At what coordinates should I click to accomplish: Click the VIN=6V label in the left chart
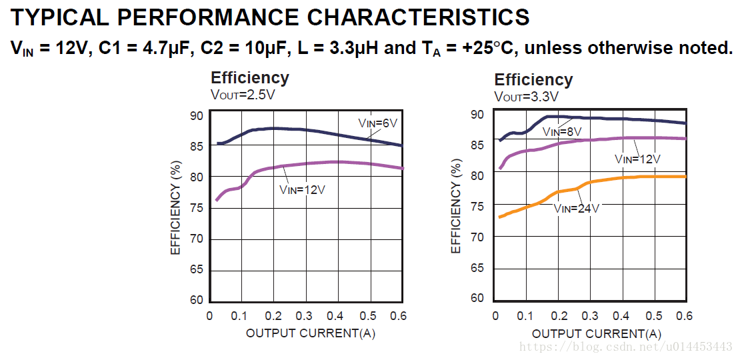(x=377, y=123)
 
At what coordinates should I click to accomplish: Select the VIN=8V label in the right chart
(x=561, y=131)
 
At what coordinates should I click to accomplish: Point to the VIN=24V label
(x=576, y=208)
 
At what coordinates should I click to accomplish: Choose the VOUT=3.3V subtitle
(x=526, y=97)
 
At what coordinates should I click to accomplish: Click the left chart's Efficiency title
(x=250, y=78)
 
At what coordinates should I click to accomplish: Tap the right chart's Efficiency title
(x=533, y=80)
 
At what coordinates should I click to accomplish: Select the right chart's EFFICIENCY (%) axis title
(x=457, y=206)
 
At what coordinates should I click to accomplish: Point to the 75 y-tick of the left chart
(x=197, y=208)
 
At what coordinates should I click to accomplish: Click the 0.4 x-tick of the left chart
(x=336, y=315)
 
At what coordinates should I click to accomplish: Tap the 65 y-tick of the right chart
(x=477, y=267)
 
